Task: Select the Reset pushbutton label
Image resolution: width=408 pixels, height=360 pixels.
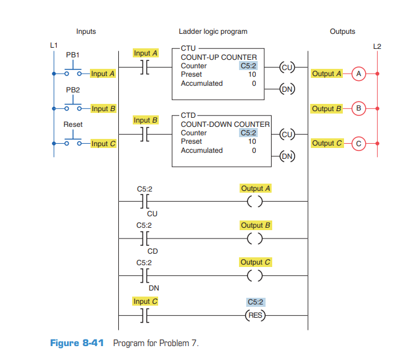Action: [x=73, y=124]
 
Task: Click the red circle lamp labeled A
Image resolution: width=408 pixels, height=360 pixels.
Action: [x=359, y=74]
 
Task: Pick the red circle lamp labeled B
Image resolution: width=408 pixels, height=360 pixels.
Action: [x=359, y=109]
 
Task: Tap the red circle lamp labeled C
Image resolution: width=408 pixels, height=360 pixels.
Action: [x=359, y=143]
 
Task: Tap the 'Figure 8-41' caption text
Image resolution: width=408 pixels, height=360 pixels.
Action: [x=77, y=343]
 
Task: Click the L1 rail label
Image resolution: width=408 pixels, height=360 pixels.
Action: [x=54, y=45]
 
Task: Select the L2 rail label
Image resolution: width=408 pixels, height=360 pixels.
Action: [x=377, y=46]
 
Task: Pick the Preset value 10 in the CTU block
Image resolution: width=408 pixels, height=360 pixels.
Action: [x=252, y=75]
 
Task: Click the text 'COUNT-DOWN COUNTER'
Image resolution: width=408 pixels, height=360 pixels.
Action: [x=225, y=124]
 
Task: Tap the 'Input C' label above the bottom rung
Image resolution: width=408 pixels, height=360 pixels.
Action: [x=145, y=301]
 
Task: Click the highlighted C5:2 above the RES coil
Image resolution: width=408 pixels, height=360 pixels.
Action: [x=256, y=301]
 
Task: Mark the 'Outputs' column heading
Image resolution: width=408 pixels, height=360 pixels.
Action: [x=342, y=31]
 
